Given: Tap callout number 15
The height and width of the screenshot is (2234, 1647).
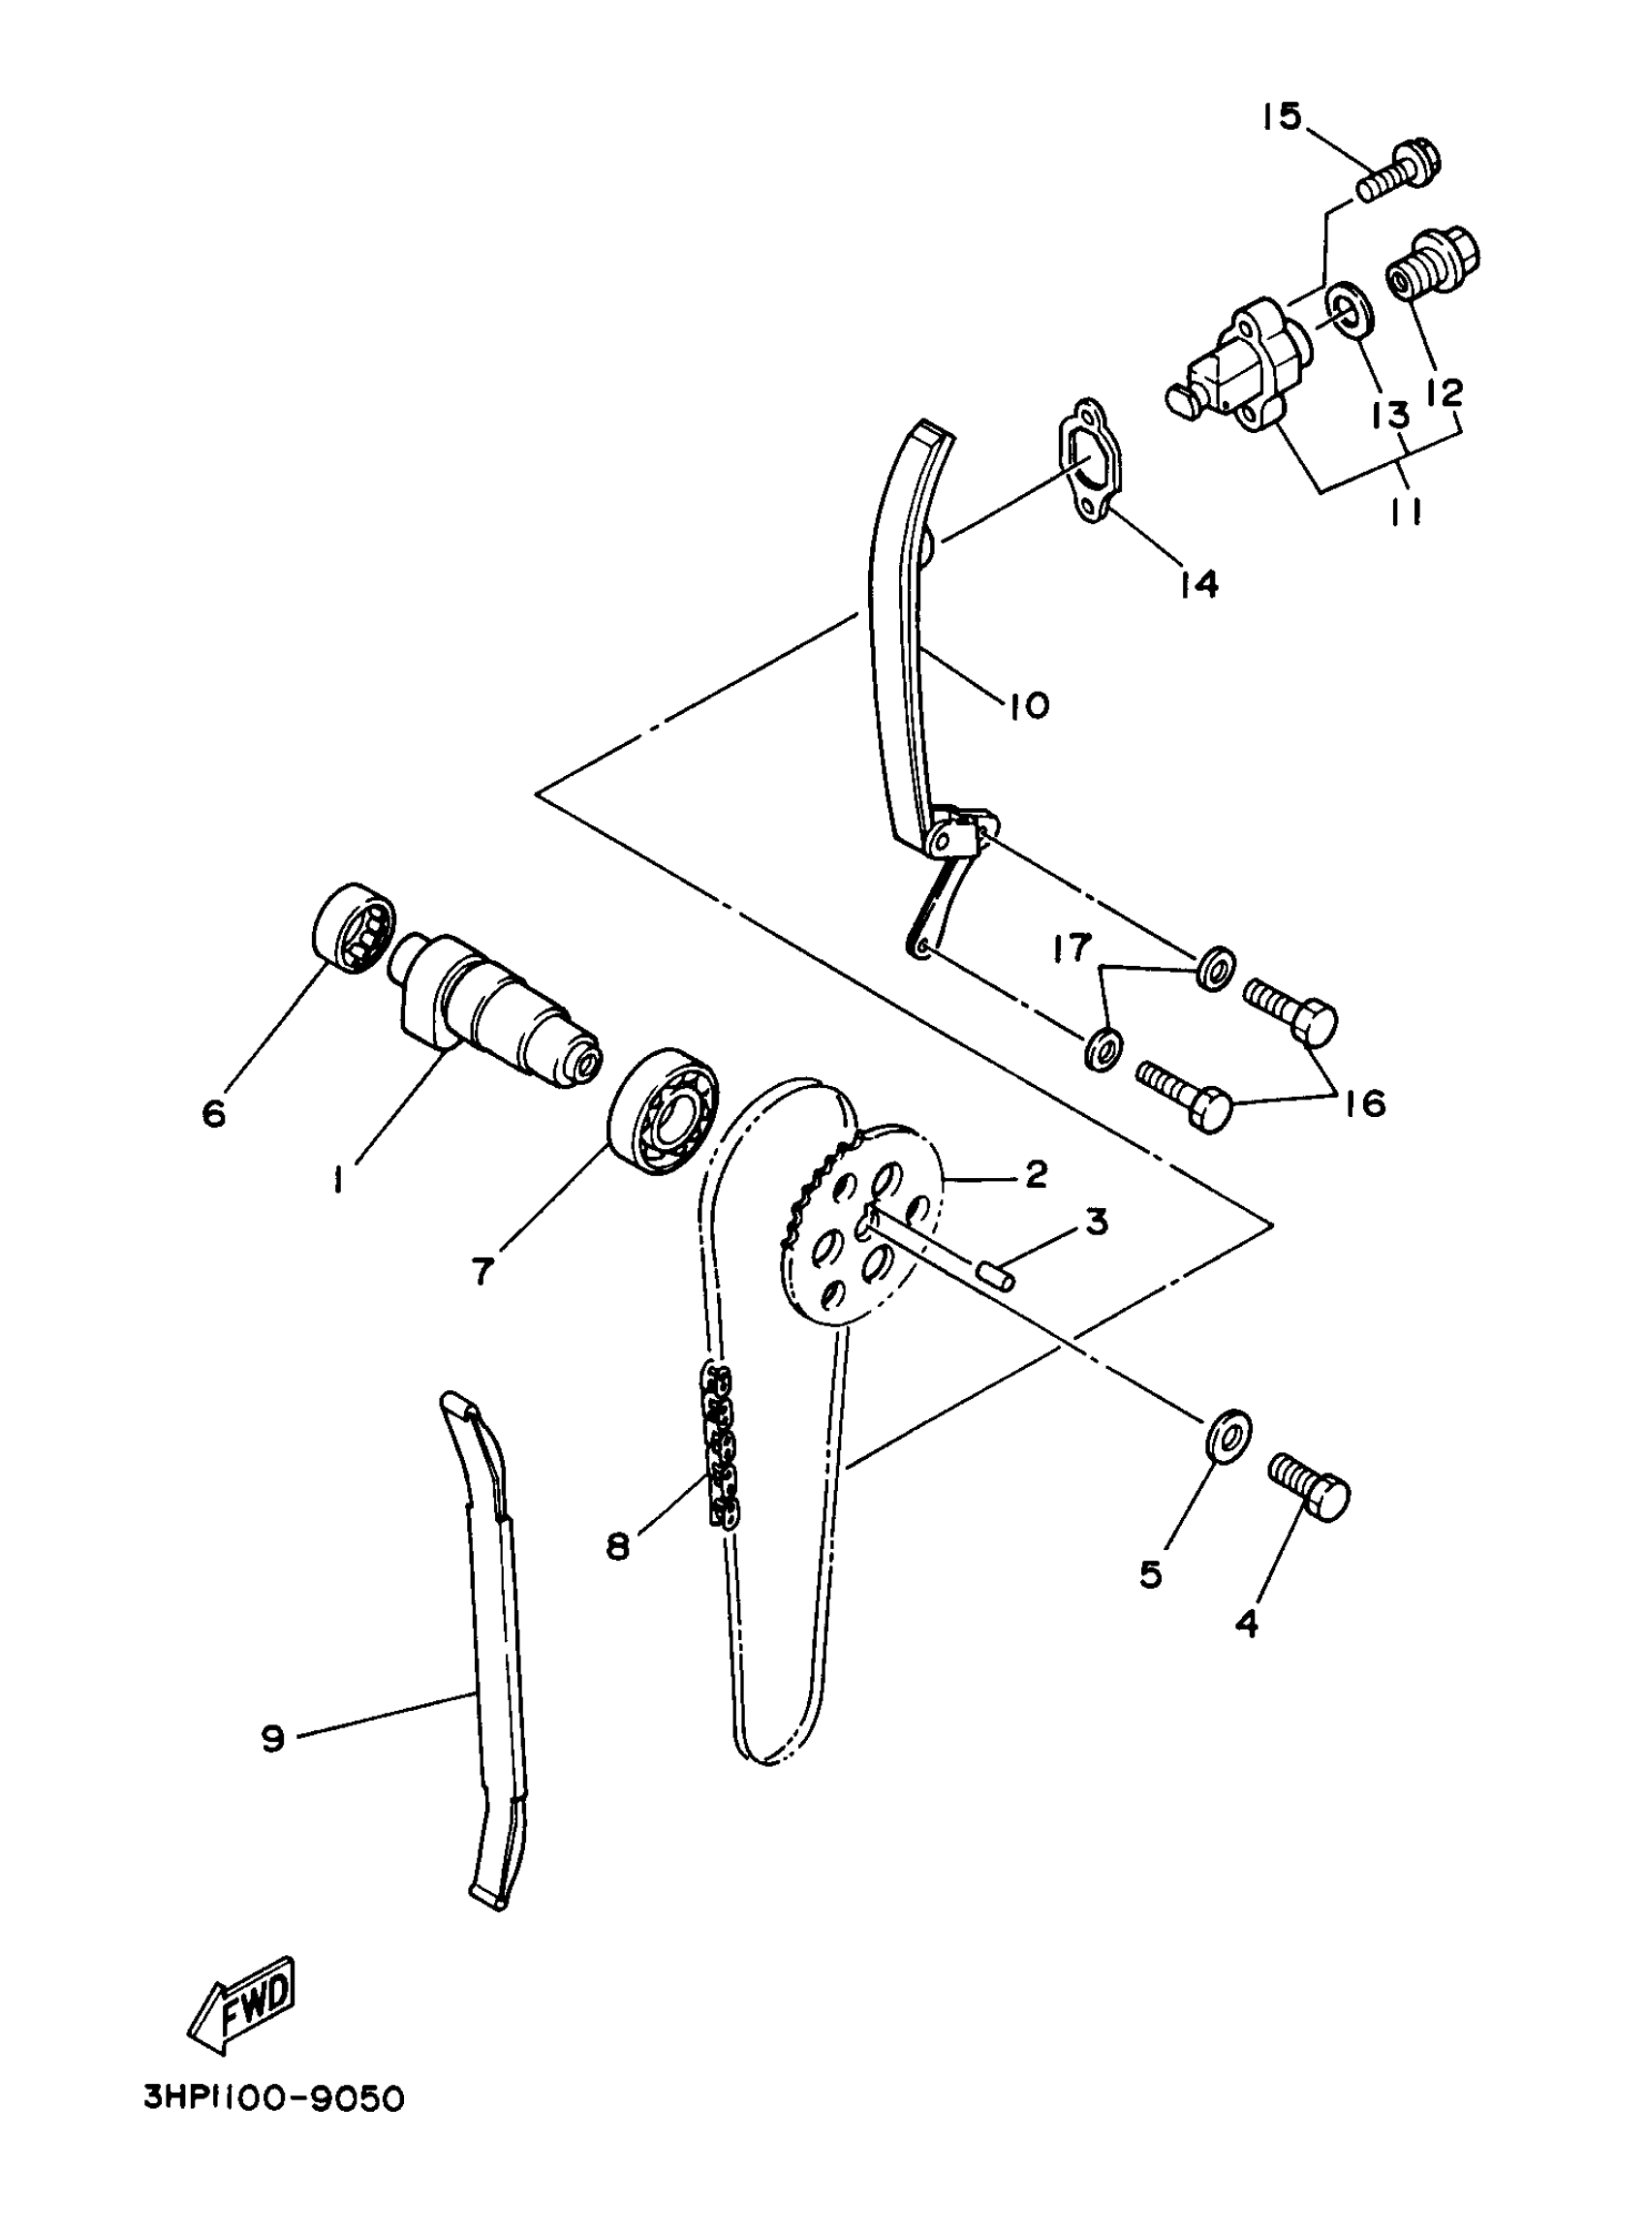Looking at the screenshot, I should (1281, 117).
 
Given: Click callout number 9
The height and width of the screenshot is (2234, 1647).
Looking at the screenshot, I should (272, 1740).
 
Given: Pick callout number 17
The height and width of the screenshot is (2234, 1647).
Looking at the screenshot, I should (1072, 947).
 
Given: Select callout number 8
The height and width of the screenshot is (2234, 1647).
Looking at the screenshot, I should (618, 1546).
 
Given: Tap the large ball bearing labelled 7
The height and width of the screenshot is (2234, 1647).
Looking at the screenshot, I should (664, 1110).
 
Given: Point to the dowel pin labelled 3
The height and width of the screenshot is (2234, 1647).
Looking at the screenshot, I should (998, 1275).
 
